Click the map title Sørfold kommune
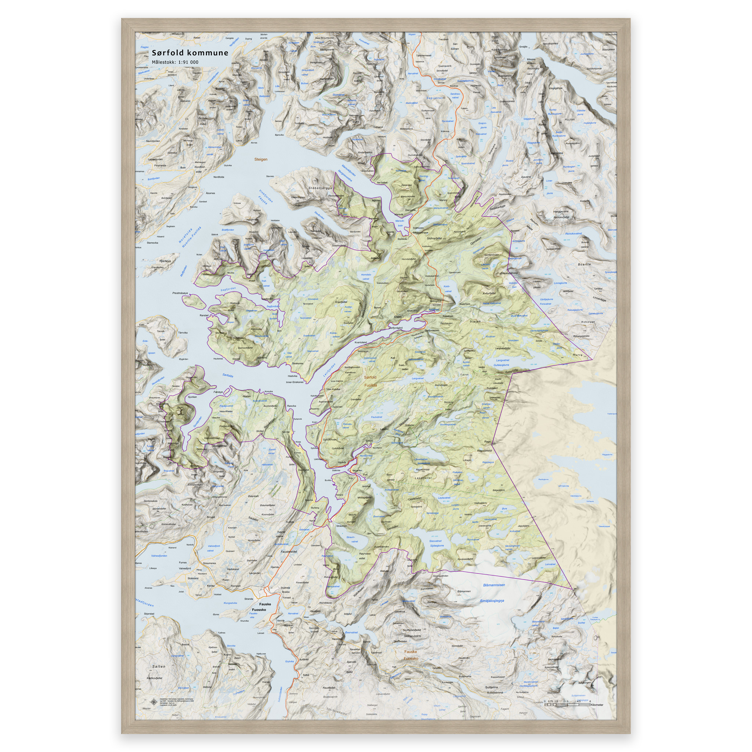(x=190, y=53)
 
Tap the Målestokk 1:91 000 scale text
(x=175, y=62)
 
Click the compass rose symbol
(x=153, y=702)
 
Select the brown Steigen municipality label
(x=261, y=160)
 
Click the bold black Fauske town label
(x=265, y=604)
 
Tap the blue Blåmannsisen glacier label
(x=493, y=585)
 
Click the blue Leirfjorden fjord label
(x=329, y=370)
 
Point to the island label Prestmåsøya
(x=180, y=293)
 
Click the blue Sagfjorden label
(x=228, y=289)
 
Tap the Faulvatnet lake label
(x=376, y=417)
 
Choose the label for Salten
(x=159, y=666)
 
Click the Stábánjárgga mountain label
(x=320, y=188)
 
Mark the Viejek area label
(x=475, y=322)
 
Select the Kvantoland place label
(x=361, y=343)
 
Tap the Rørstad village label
(x=204, y=315)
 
